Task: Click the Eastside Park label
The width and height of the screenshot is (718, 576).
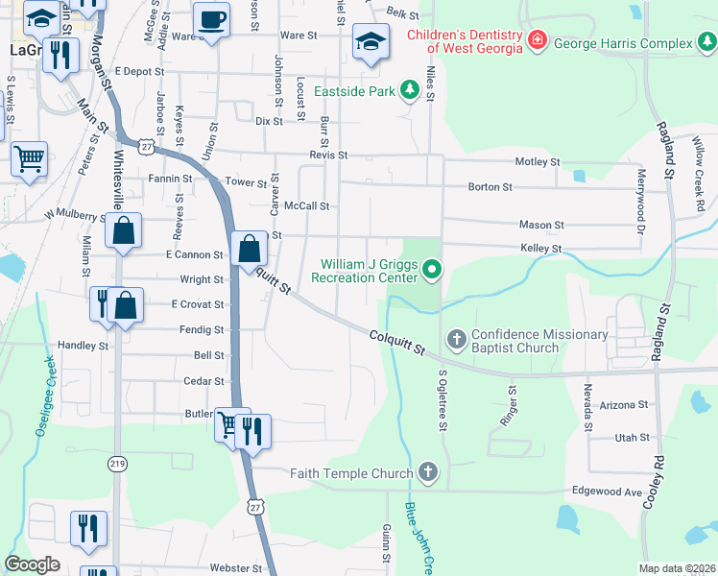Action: point(353,92)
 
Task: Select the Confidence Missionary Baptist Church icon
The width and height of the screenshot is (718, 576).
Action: point(456,339)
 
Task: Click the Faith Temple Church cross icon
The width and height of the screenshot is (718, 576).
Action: point(428,472)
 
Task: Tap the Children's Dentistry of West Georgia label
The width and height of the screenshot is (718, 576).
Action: point(464,40)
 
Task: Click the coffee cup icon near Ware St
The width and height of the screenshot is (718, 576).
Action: point(211,19)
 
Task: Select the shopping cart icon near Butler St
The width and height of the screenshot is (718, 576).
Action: point(229,423)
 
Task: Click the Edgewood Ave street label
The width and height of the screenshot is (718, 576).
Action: point(619,492)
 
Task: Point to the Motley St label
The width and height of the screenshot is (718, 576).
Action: point(538,162)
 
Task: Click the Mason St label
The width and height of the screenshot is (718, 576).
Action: point(541,225)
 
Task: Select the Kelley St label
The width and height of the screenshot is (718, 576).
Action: point(541,249)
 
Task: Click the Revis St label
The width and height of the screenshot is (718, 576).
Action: point(327,155)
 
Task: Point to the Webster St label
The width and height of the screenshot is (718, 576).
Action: point(236,568)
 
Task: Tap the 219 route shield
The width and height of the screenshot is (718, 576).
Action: point(117,464)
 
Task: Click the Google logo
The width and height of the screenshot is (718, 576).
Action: point(32,564)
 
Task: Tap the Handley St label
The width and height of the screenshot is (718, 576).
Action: point(84,346)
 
